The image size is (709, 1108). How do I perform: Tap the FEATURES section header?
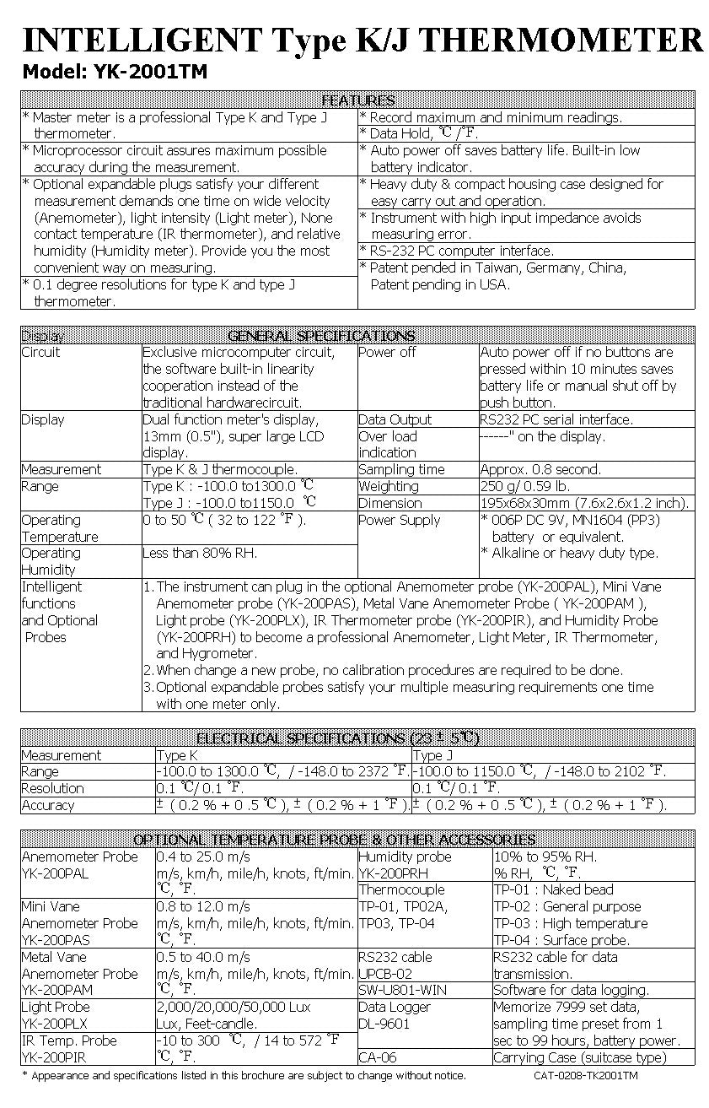coord(358,100)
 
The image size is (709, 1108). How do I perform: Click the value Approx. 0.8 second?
coord(540,469)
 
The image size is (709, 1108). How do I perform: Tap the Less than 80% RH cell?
coord(200,553)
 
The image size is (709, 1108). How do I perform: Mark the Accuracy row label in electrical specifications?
coord(48,805)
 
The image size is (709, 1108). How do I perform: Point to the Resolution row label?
coord(52,788)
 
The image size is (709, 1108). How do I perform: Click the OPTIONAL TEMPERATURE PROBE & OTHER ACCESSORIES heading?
coord(335,840)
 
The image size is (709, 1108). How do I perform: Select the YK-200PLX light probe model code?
coord(55,1024)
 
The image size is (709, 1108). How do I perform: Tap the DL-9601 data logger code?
coord(384,1024)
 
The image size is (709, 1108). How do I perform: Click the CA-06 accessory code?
coord(377,1057)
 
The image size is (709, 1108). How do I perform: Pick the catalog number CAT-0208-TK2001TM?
coord(586,1076)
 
